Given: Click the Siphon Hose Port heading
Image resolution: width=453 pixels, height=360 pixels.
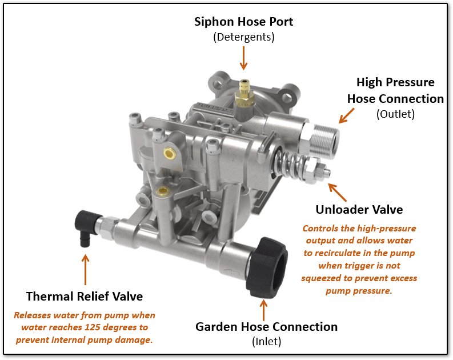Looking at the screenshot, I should tap(244, 22).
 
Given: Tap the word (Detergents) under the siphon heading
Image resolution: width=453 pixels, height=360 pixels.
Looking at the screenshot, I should tap(244, 37).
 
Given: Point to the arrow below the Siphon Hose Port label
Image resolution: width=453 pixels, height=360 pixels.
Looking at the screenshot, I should tap(244, 58).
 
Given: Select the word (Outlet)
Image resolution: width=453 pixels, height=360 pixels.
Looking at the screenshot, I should tap(395, 114).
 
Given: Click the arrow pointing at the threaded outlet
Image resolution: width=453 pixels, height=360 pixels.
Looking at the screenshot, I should tap(346, 114).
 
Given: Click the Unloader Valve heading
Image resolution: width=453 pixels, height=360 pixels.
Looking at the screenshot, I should tap(359, 209).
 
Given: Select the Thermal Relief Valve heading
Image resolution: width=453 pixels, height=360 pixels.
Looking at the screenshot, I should tap(85, 296).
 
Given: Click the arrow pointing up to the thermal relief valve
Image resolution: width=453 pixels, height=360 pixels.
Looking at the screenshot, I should tap(85, 269).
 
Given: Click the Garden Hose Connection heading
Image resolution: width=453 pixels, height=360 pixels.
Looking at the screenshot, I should tap(266, 327).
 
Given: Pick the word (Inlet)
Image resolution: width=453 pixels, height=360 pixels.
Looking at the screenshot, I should tap(266, 342).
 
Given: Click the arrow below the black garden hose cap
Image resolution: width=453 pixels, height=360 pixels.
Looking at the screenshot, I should tap(263, 309).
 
